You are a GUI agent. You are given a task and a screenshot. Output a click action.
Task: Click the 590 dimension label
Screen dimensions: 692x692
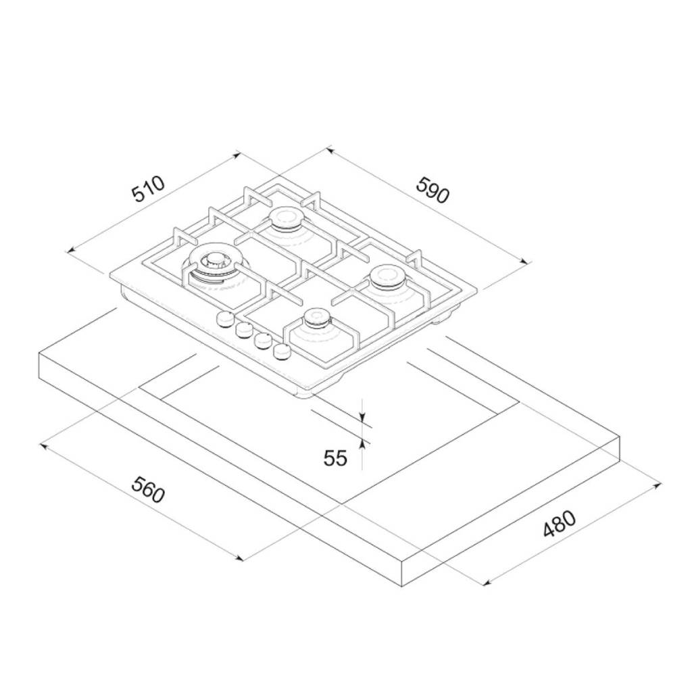click(x=431, y=190)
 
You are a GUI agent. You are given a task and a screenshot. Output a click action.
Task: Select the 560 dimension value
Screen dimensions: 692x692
click(x=147, y=490)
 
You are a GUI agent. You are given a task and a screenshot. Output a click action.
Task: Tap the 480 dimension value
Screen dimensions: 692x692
click(x=560, y=524)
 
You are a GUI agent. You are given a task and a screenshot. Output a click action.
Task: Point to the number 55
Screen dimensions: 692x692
click(x=335, y=458)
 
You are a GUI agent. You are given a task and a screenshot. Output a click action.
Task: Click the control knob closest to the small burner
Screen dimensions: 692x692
click(x=280, y=351)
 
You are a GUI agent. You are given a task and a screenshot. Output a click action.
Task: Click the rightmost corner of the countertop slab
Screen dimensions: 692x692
click(x=620, y=437)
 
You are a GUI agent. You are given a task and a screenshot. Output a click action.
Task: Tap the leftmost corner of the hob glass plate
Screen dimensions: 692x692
click(x=109, y=274)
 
